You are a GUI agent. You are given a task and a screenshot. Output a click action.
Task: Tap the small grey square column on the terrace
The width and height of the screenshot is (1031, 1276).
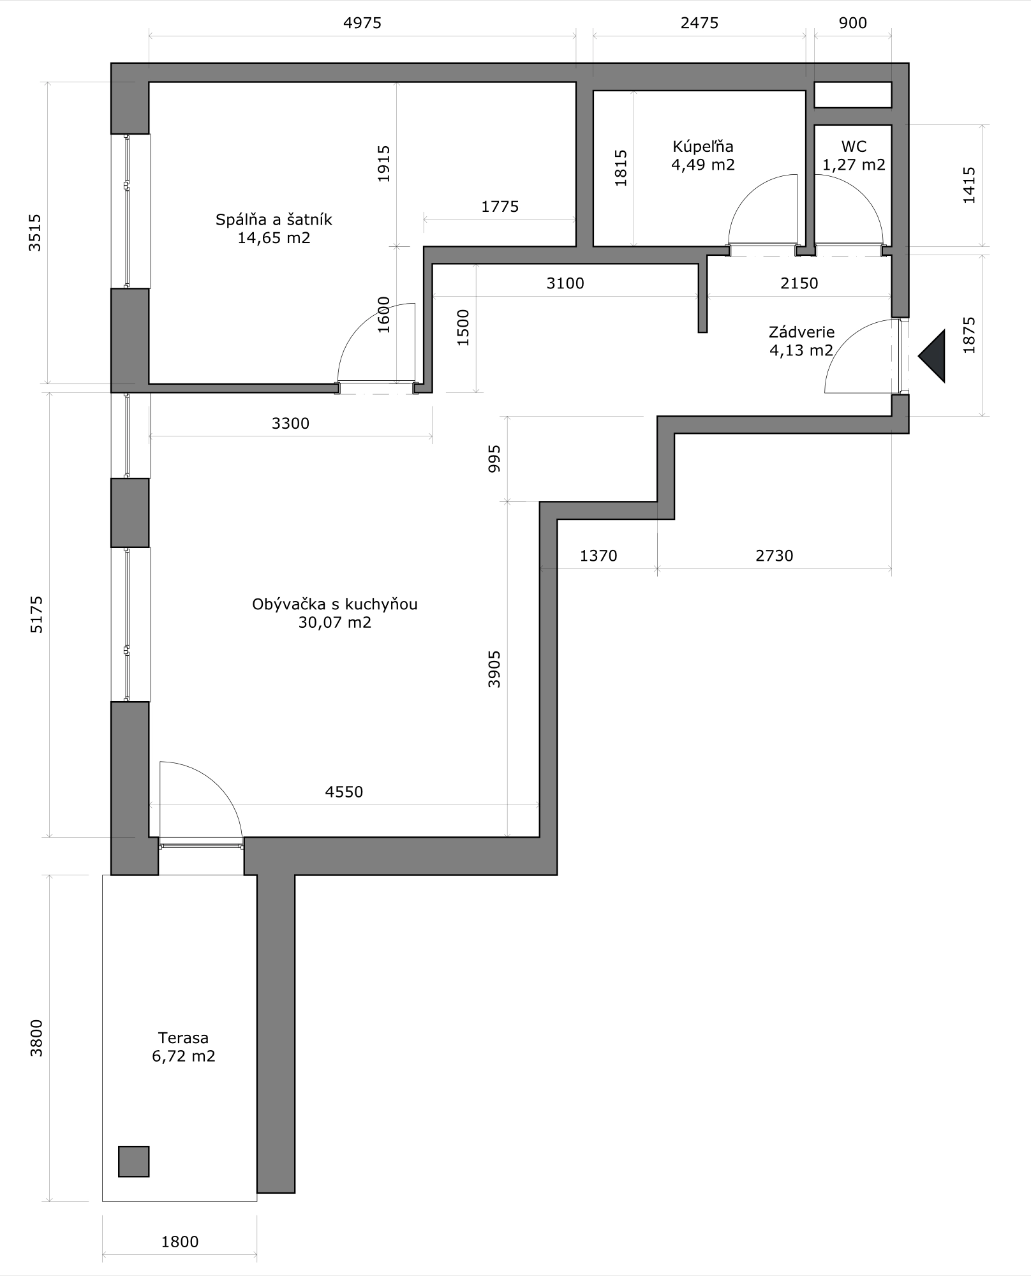tap(133, 1161)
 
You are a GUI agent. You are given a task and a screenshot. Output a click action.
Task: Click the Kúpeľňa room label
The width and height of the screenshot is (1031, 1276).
tap(702, 147)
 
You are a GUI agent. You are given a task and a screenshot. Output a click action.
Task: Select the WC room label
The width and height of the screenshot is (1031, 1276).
tap(854, 147)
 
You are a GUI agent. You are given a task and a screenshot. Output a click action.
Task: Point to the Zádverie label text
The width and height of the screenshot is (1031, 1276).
tap(801, 332)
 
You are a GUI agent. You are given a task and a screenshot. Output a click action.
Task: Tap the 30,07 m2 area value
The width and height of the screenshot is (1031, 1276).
tap(334, 622)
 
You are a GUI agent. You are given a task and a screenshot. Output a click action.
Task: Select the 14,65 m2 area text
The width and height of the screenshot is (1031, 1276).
tap(274, 238)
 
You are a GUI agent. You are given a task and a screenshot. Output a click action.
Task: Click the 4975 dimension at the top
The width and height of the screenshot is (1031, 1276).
tap(362, 23)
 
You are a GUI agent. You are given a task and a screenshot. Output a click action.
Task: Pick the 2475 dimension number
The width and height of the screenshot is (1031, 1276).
tap(699, 23)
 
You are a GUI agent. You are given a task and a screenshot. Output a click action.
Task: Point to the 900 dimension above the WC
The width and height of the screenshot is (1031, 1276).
tap(853, 23)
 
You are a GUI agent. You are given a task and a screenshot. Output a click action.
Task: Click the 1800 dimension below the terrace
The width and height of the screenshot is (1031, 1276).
tap(179, 1242)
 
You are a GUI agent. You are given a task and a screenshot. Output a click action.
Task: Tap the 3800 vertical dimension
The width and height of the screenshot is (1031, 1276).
tap(36, 1038)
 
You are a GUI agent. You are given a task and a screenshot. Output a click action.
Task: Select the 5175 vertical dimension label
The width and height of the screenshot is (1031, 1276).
tap(36, 614)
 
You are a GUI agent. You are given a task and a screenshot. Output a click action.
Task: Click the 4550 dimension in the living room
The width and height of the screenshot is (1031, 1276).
tap(344, 792)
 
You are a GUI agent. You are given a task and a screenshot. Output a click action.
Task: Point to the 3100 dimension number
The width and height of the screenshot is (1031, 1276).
tap(565, 283)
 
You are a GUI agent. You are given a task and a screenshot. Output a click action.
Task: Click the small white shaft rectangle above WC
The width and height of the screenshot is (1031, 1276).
tap(852, 94)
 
